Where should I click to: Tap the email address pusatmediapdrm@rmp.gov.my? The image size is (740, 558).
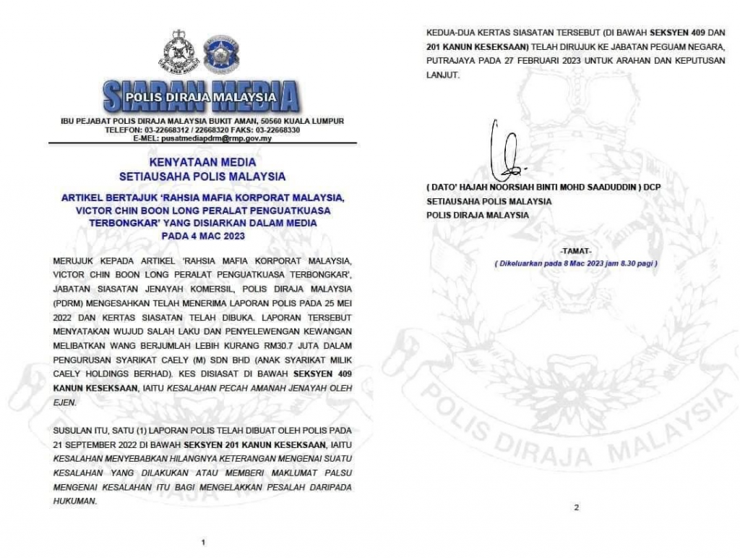[x=215, y=138]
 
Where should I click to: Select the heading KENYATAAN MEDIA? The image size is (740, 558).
[x=202, y=163]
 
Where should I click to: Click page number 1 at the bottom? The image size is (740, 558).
[x=203, y=541]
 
